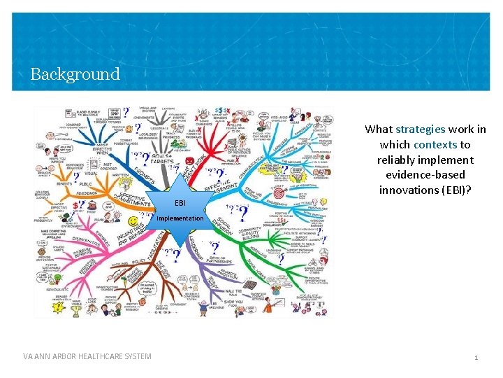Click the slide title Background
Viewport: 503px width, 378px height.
tap(75, 73)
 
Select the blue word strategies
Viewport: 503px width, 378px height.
tap(420, 129)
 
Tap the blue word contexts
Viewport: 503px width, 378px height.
tap(435, 144)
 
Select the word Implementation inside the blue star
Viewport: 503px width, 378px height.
tap(180, 218)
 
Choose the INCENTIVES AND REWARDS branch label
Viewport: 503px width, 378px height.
tap(129, 238)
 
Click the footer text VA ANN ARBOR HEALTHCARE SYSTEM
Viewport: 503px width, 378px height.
tap(87, 357)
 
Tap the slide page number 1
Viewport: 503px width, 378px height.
tap(476, 358)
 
